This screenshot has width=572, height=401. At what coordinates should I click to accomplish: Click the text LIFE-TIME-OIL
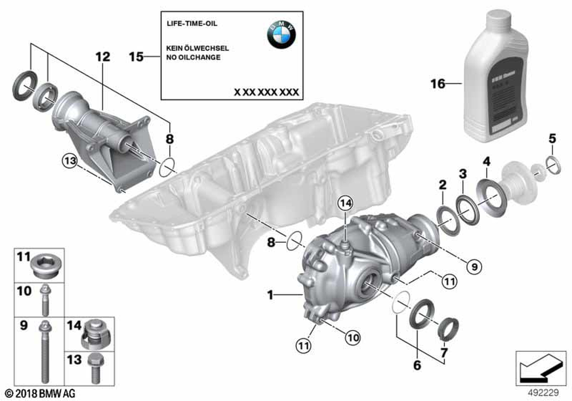coord(192,23)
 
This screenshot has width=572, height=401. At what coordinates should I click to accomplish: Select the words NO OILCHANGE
coord(193,57)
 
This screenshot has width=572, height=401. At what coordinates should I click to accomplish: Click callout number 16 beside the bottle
coord(438,84)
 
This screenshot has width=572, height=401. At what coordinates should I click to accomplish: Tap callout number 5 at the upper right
coord(552,137)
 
